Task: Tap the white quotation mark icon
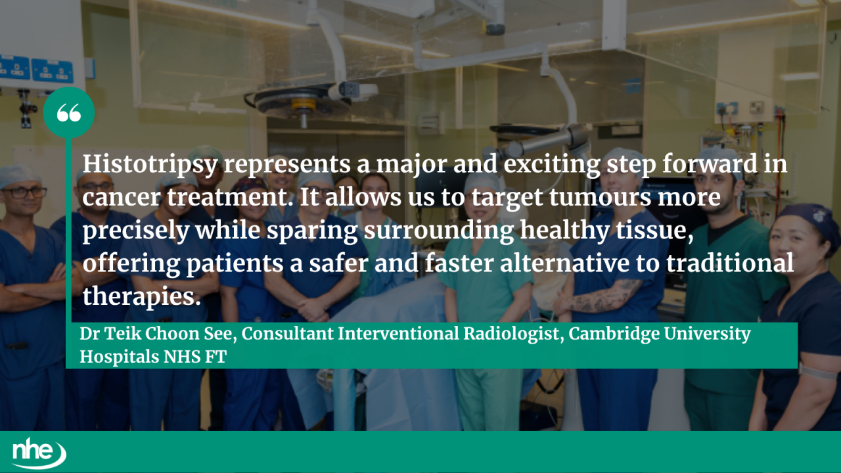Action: tap(69, 113)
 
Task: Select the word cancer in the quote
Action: tap(122, 198)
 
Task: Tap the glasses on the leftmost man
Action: tap(24, 192)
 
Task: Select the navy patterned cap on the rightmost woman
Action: tap(809, 217)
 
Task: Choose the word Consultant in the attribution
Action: tap(288, 334)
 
